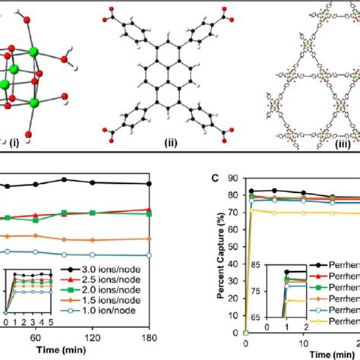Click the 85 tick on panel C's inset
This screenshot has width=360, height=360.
tap(266, 265)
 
